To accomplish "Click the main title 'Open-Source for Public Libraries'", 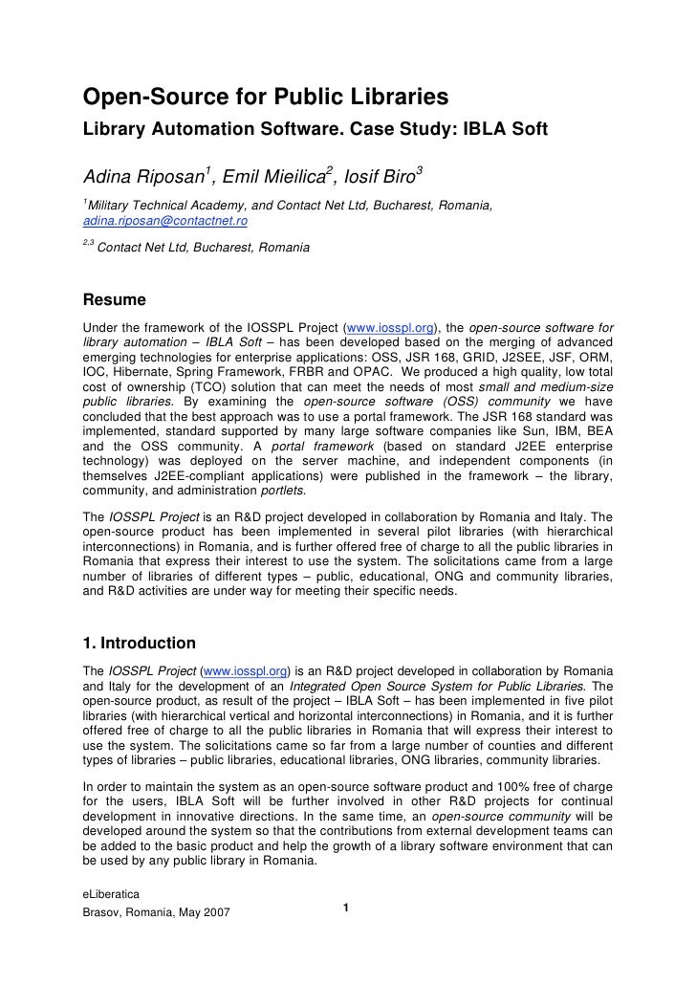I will pos(266,97).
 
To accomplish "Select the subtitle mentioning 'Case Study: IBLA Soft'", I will pos(315,128).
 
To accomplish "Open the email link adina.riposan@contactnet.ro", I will pos(165,220).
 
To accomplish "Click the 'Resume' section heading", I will pos(115,299).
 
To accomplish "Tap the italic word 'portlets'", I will pos(284,491).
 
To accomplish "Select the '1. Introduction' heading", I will pos(140,643).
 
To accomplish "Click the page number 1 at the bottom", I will pos(347,907).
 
